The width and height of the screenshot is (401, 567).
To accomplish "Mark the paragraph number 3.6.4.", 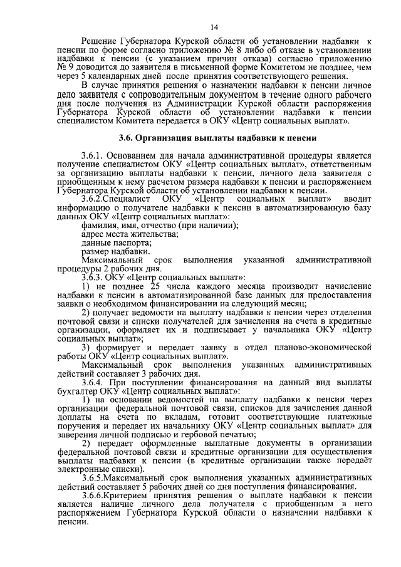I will (x=94, y=382).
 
